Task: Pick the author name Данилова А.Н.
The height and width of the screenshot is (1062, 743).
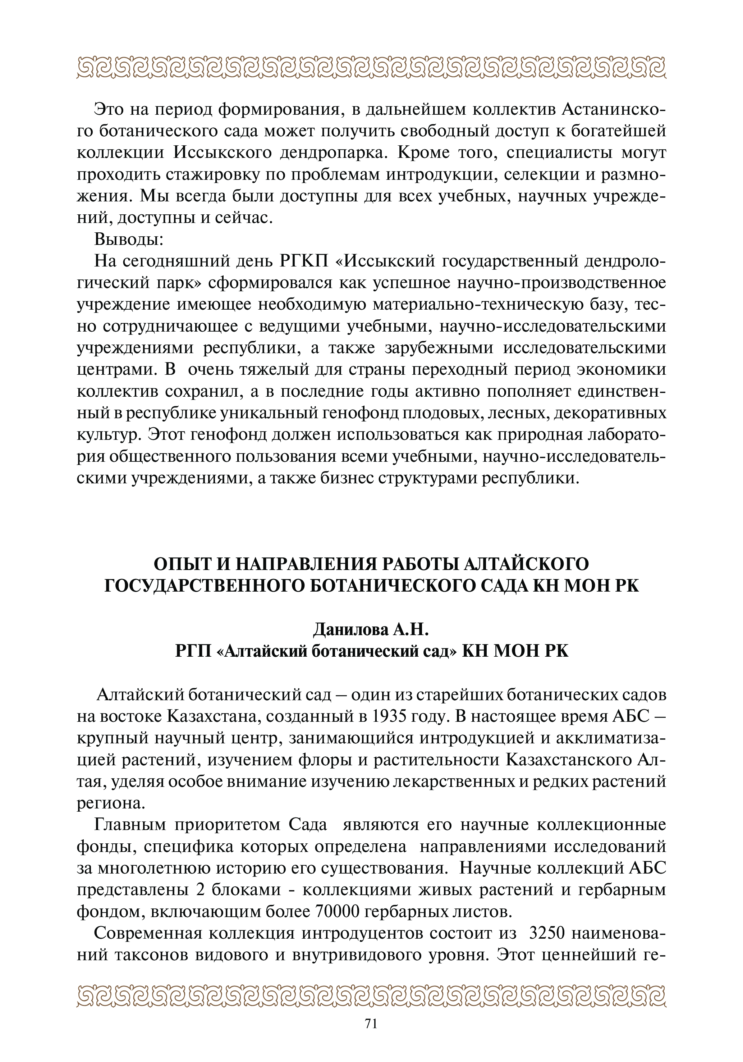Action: [x=371, y=629]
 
